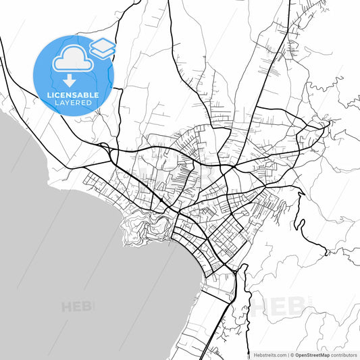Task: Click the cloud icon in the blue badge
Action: click(73, 59)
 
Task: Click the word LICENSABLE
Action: click(73, 95)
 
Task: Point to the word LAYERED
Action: click(73, 103)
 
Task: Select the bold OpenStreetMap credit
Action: click(311, 355)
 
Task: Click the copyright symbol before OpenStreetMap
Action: click(291, 355)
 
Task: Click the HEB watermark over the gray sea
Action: click(78, 306)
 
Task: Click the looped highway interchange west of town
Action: click(103, 147)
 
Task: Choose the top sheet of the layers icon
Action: click(103, 44)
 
